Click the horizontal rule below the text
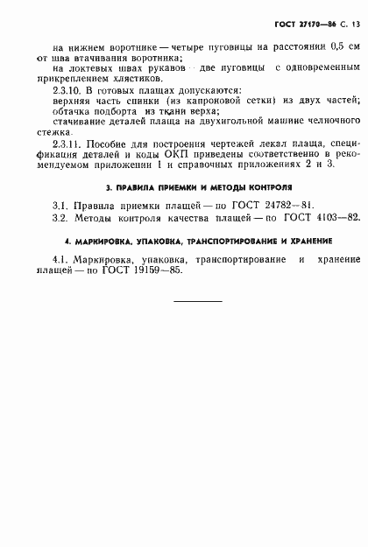(x=196, y=351)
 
